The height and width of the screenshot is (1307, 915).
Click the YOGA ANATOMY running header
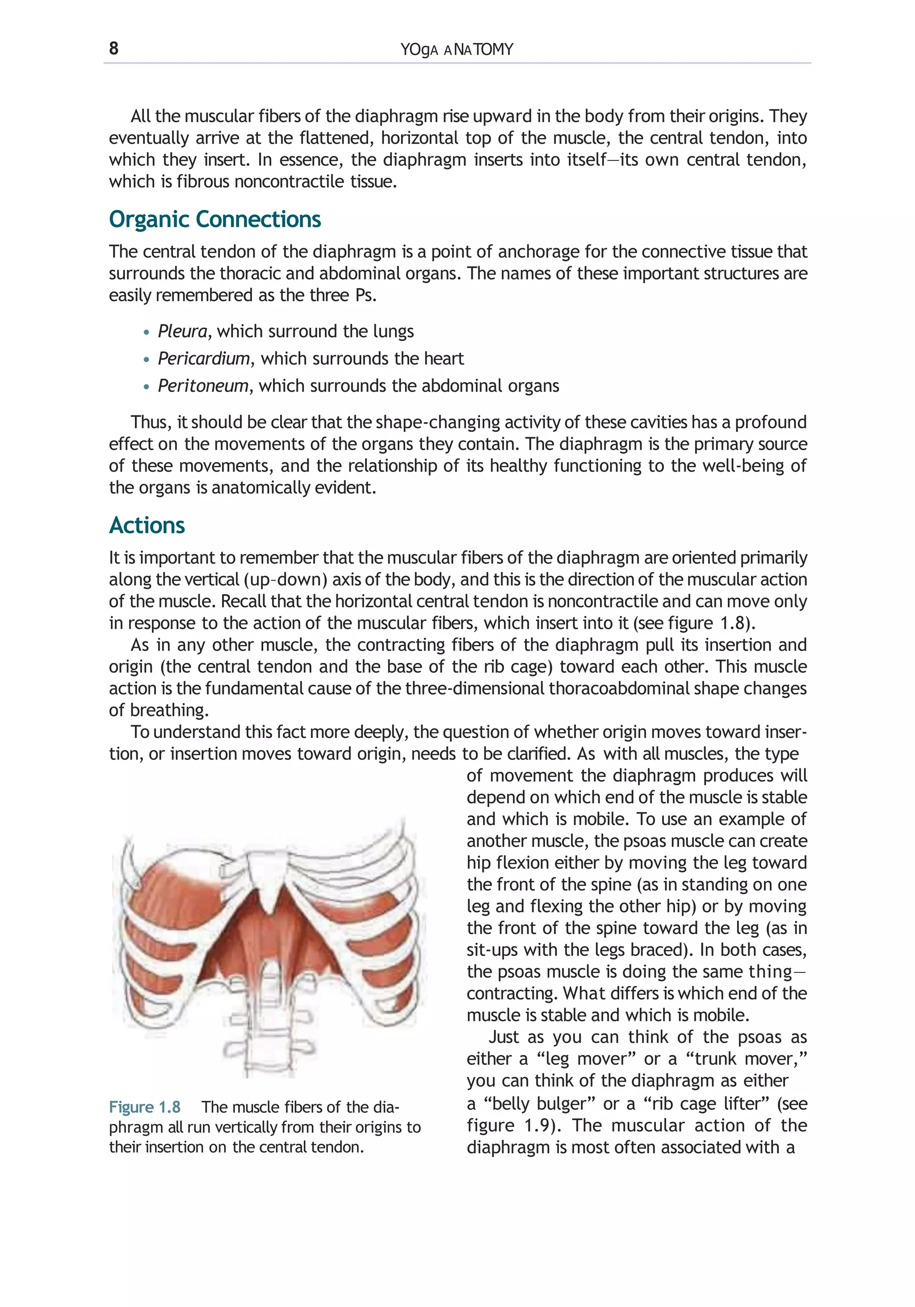coord(456,50)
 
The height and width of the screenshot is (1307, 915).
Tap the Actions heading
coord(147,525)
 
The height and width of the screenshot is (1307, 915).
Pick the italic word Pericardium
coord(203,358)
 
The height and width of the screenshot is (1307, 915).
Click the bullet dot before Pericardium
coord(147,360)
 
